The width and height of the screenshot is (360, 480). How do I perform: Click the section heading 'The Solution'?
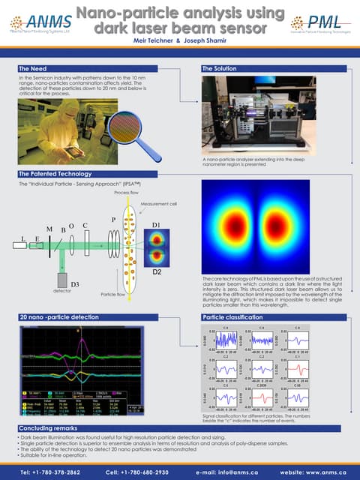pos(220,68)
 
